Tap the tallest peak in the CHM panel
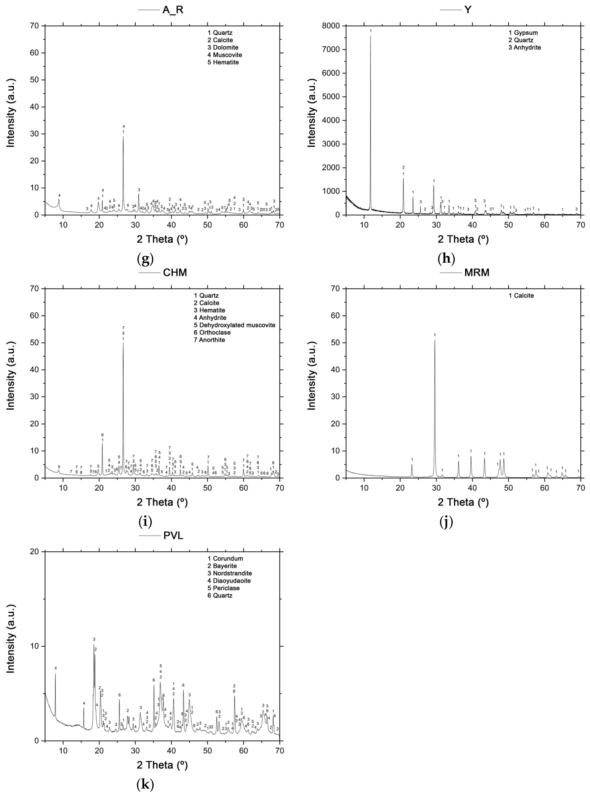click(123, 343)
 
